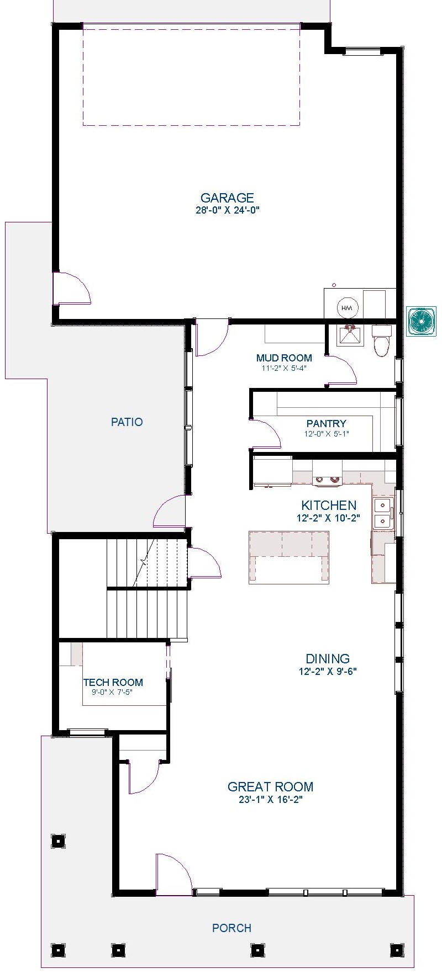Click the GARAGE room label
pyautogui.click(x=227, y=198)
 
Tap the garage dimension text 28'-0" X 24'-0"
pyautogui.click(x=227, y=210)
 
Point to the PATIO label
pyautogui.click(x=127, y=422)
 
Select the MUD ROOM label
pyautogui.click(x=284, y=358)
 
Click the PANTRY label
pyautogui.click(x=327, y=424)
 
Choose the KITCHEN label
pyautogui.click(x=329, y=505)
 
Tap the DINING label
pyautogui.click(x=328, y=658)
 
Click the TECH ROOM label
pyautogui.click(x=113, y=683)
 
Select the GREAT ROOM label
pyautogui.click(x=271, y=787)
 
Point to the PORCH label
pyautogui.click(x=232, y=928)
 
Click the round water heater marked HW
pyautogui.click(x=347, y=308)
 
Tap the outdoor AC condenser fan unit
pyautogui.click(x=422, y=322)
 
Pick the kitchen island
pyautogui.click(x=289, y=557)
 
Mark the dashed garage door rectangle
pyautogui.click(x=191, y=75)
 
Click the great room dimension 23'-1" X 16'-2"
pyautogui.click(x=271, y=800)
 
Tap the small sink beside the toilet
pyautogui.click(x=350, y=335)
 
